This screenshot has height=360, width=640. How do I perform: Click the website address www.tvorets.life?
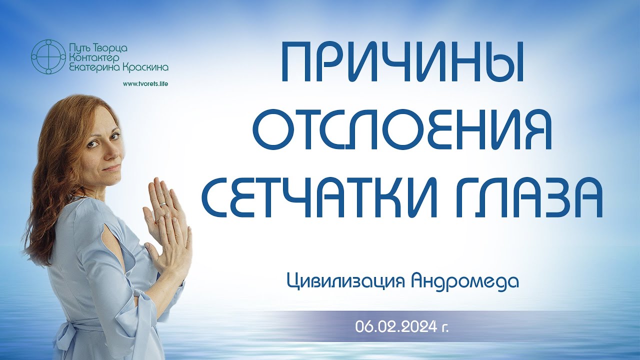[145, 83]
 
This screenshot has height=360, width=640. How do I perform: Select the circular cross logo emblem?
[48, 56]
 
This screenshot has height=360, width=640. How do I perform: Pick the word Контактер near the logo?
[99, 57]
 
